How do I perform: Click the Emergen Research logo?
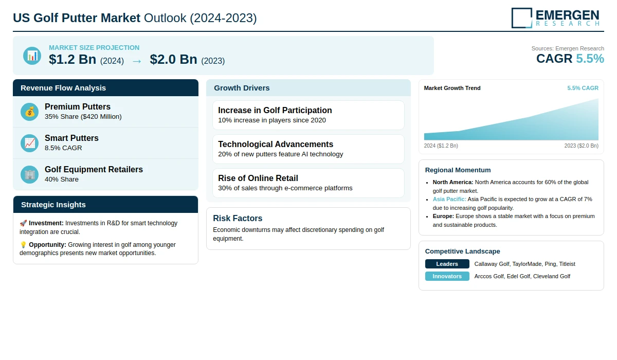pos(555,17)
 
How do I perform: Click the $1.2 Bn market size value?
pos(72,60)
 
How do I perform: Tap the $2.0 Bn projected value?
pos(173,60)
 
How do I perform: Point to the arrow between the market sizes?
pos(137,61)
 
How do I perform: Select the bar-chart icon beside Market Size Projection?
pos(32,56)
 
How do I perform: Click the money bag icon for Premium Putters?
pos(30,112)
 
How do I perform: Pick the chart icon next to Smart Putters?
pos(30,143)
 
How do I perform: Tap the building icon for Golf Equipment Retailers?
pos(30,174)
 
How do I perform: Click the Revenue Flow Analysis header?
pos(63,88)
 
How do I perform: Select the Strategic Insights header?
pos(53,205)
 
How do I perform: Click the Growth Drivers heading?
pos(242,88)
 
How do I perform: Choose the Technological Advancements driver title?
pos(276,145)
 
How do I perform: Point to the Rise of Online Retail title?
pos(258,178)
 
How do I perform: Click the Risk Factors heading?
pos(238,218)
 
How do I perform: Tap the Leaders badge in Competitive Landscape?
pos(447,264)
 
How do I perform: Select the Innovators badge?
pos(447,276)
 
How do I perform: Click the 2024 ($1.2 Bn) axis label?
pos(441,146)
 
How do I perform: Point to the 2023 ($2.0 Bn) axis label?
pos(581,146)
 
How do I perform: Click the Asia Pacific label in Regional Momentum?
pos(449,199)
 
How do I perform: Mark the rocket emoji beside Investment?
pos(23,223)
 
